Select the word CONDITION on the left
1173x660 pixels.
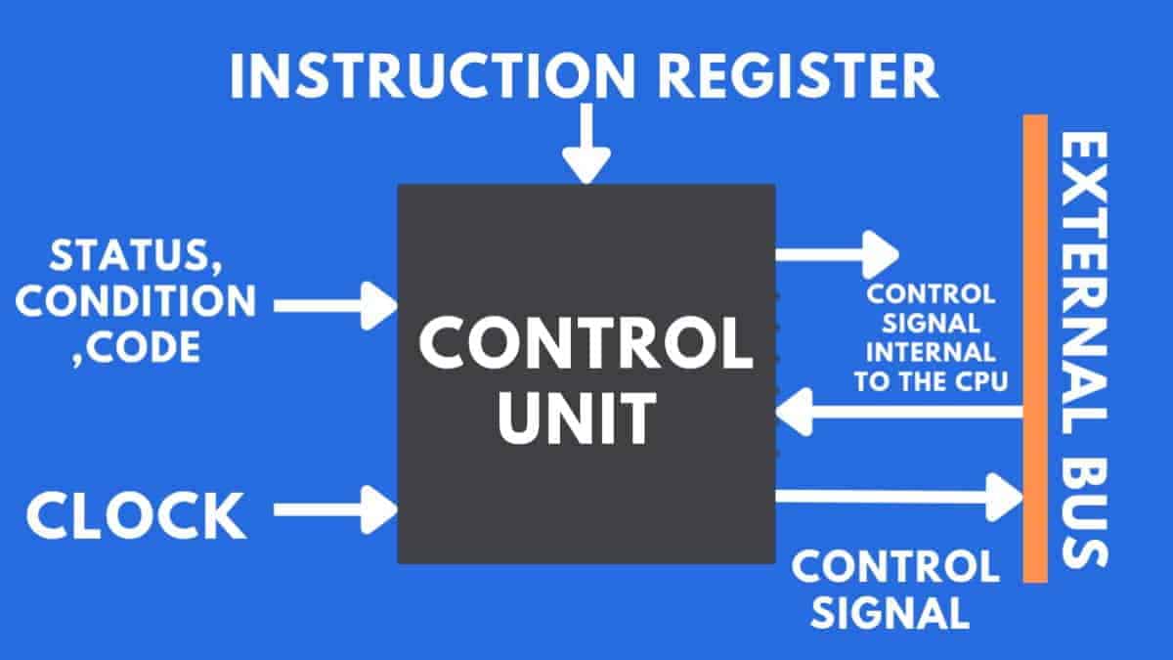coord(136,301)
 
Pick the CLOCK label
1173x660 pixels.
coord(136,516)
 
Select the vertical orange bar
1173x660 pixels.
coord(1035,347)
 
